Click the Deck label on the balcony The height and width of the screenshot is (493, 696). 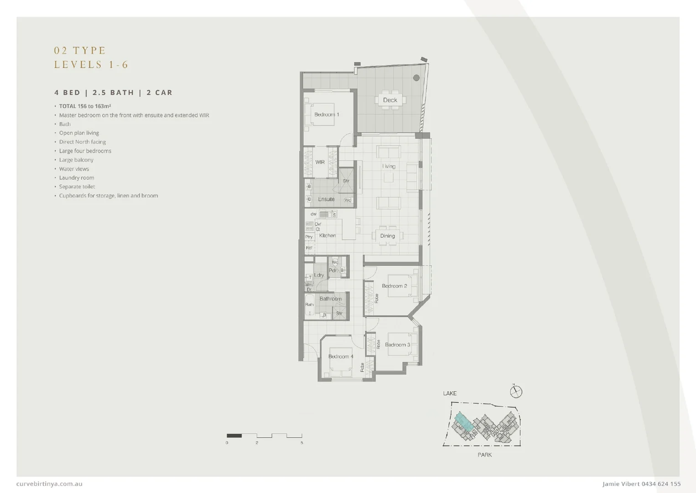tap(390, 100)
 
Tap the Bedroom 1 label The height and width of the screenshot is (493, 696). tap(327, 115)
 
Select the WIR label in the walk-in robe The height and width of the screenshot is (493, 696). tap(320, 162)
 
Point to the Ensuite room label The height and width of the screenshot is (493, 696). tap(326, 199)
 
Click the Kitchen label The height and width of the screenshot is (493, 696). tap(327, 236)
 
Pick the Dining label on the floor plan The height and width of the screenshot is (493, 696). tap(388, 236)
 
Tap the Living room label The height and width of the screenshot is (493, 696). tap(389, 166)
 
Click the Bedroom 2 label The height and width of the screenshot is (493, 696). tap(395, 286)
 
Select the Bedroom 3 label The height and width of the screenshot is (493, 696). tap(397, 345)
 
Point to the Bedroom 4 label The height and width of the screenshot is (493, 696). tap(341, 357)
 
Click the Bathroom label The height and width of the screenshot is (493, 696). tap(331, 299)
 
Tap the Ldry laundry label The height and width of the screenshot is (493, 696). tap(319, 275)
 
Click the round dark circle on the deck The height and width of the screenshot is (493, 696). tap(416, 78)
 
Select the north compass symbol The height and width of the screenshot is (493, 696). tap(516, 392)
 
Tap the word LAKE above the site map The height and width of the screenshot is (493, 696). tap(450, 393)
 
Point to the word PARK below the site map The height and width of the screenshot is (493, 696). tap(485, 455)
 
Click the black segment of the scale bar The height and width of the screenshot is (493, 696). tap(234, 435)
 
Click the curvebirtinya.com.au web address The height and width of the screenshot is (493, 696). tap(49, 484)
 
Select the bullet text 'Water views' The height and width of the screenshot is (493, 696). tap(74, 169)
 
